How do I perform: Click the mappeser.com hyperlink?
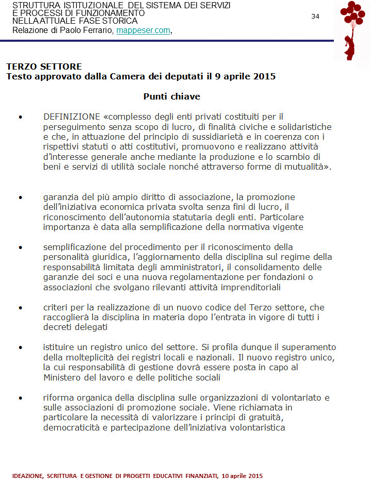[x=143, y=30]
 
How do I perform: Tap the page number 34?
[x=315, y=16]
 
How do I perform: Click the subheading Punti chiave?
[x=172, y=96]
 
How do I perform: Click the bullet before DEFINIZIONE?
[x=21, y=117]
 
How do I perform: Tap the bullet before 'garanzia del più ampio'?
[x=21, y=197]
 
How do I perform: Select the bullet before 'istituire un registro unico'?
[x=21, y=348]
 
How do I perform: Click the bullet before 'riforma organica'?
[x=21, y=398]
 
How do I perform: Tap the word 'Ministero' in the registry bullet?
[x=62, y=377]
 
